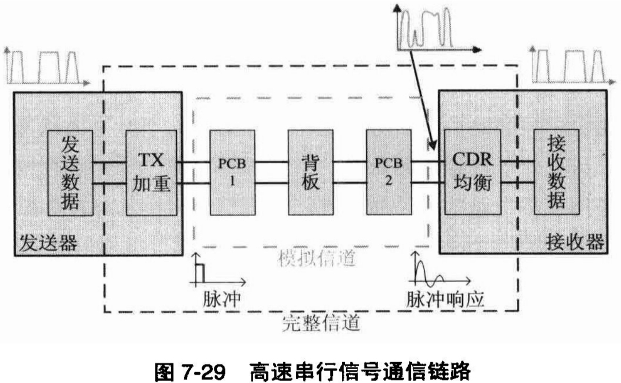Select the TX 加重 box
151,172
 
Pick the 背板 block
310,172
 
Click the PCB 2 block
388,172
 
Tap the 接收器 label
575,243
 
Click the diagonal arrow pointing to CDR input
420,95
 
